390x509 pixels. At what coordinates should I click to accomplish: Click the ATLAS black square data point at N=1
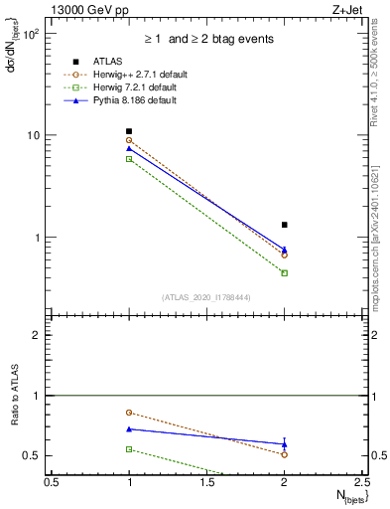pyautogui.click(x=129, y=131)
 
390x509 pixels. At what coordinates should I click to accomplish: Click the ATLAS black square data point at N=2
pyautogui.click(x=285, y=225)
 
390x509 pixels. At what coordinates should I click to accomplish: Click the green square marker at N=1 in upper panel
pyautogui.click(x=129, y=159)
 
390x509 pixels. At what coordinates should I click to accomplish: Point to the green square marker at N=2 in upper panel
pyautogui.click(x=285, y=272)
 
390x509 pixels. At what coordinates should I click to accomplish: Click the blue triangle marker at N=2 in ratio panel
pyautogui.click(x=285, y=444)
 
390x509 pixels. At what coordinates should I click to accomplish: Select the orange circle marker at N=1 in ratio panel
pyautogui.click(x=129, y=412)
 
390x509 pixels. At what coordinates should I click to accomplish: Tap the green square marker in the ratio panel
pyautogui.click(x=129, y=449)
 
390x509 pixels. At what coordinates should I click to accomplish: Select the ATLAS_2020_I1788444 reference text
pyautogui.click(x=208, y=297)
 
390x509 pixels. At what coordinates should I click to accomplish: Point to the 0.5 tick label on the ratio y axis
pyautogui.click(x=33, y=455)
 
